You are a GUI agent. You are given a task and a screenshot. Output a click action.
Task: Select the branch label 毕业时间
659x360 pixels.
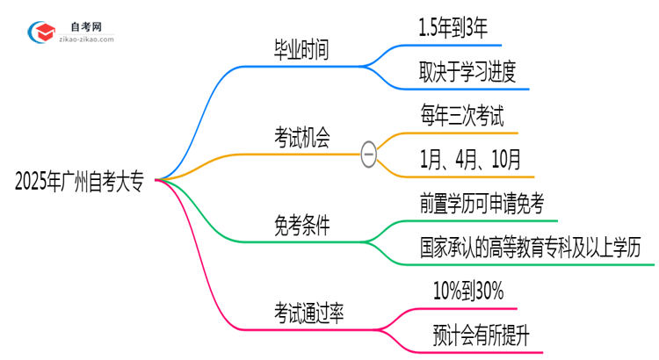(x=301, y=51)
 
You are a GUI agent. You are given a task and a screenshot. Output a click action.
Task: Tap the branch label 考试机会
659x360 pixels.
(x=301, y=139)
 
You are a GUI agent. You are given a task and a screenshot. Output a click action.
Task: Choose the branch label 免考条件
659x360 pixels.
(x=301, y=226)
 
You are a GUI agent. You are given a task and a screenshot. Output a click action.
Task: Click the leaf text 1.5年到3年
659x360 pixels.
(x=460, y=29)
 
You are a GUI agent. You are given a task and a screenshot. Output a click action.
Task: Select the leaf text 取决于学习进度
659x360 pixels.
(x=474, y=73)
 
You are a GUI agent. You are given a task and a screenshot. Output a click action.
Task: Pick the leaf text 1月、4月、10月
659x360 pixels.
(x=471, y=160)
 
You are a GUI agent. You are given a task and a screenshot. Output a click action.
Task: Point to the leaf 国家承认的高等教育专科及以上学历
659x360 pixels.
(x=536, y=248)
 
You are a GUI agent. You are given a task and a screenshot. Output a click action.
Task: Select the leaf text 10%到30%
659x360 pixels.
(x=468, y=292)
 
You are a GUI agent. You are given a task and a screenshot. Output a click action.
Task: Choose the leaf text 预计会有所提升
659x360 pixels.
(x=480, y=335)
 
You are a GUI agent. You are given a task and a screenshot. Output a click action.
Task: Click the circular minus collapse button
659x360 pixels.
(x=369, y=155)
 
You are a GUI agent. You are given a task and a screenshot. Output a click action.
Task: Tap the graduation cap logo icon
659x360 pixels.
(x=42, y=32)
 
